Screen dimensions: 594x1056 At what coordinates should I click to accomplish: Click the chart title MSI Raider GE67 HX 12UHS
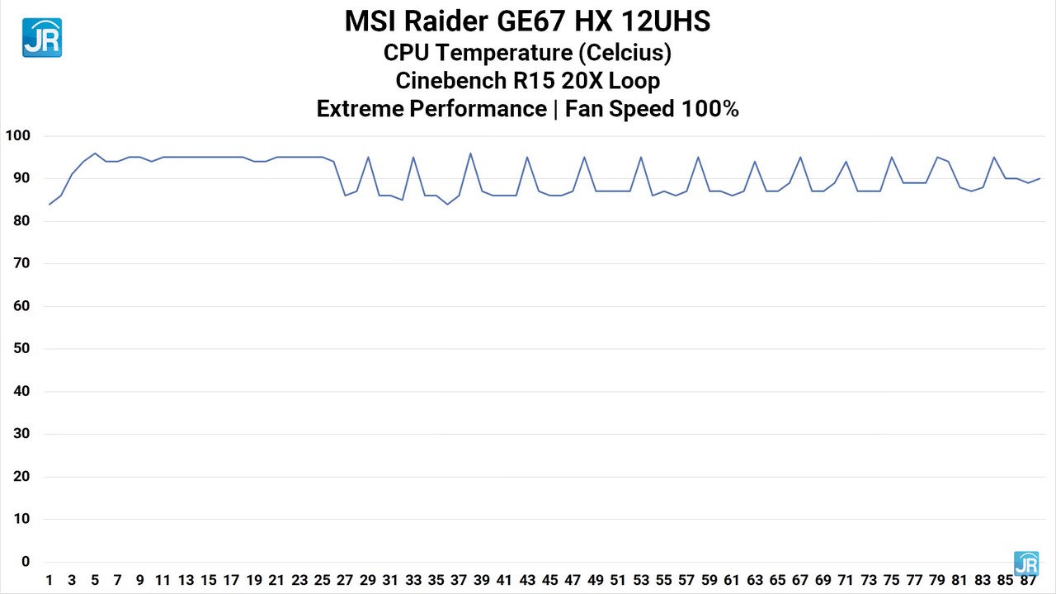527,21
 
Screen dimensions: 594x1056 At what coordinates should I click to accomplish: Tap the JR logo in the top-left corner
42,38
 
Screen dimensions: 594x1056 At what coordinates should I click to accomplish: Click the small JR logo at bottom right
1025,563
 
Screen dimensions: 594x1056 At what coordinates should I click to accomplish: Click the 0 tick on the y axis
25,562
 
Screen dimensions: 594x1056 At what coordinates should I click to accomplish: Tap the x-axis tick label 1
49,580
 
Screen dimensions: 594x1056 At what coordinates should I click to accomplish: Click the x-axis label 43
527,580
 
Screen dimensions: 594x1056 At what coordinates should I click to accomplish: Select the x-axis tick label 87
1027,580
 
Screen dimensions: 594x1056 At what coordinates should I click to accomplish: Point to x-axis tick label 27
345,580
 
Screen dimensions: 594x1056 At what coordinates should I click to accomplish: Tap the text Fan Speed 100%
652,109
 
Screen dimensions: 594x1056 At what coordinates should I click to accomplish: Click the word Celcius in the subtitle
624,53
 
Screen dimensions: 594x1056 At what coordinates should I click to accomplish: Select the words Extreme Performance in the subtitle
431,109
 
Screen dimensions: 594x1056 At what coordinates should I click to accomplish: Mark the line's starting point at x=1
49,204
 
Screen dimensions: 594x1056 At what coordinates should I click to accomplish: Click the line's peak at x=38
470,153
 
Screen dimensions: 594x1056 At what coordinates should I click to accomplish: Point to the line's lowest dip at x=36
447,204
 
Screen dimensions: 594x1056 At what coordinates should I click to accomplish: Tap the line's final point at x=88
1039,178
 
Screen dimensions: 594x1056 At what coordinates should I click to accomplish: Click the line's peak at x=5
95,153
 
